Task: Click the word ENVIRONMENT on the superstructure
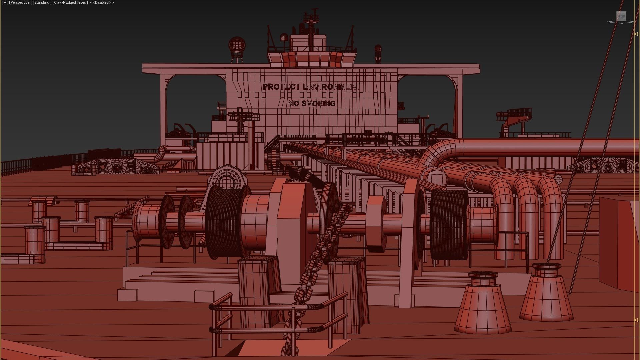pos(332,87)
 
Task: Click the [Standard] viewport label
pos(42,3)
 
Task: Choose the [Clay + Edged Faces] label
pos(70,3)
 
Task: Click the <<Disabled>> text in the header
pos(102,3)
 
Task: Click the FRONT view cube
pos(621,16)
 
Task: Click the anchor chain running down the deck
pos(320,253)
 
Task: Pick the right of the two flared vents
pos(547,293)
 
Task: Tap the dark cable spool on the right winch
pos(449,224)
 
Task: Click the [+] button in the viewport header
pos(5,3)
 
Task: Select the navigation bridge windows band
pos(312,59)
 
